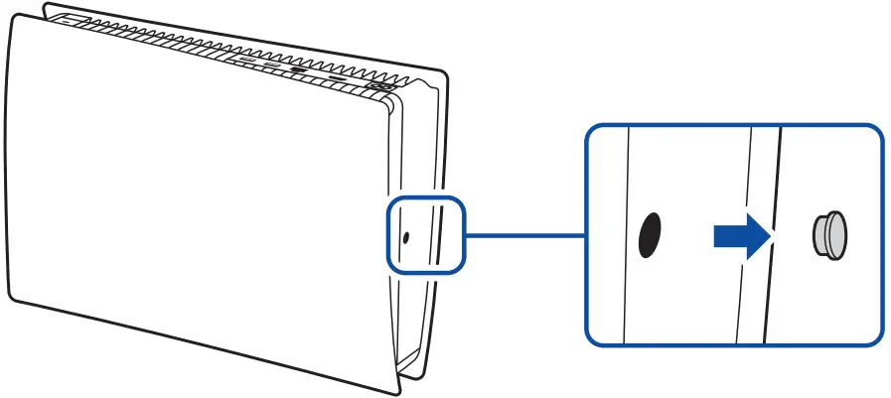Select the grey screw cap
[x=830, y=236]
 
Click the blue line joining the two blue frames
[x=523, y=235]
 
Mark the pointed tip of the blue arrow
[x=771, y=235]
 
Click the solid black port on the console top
[x=297, y=70]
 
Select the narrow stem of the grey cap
[x=818, y=236]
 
